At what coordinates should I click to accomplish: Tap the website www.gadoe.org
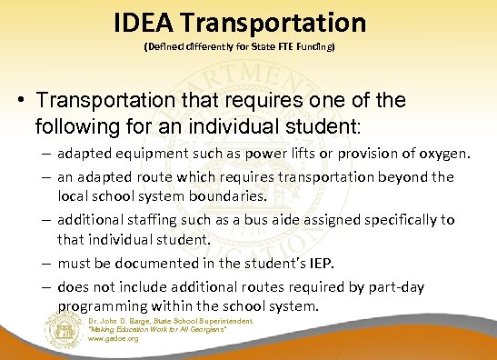113,338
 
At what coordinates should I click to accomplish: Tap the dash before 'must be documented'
45,262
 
